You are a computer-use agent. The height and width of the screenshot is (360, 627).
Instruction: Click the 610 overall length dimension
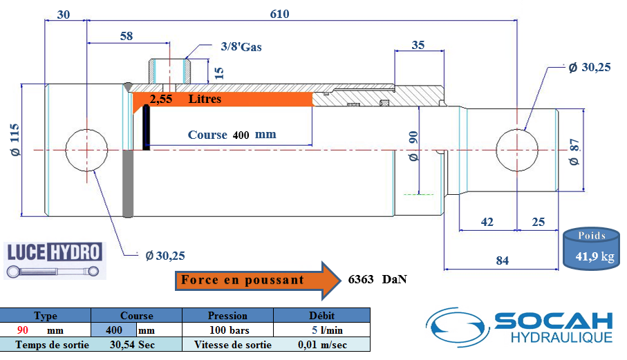pyautogui.click(x=279, y=14)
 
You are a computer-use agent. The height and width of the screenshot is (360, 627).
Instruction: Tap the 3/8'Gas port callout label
pyautogui.click(x=241, y=47)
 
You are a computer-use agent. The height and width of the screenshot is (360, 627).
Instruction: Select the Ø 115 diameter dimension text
pyautogui.click(x=14, y=140)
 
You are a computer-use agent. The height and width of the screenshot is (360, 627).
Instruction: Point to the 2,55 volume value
pyautogui.click(x=161, y=99)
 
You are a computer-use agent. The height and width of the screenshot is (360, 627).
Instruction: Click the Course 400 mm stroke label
pyautogui.click(x=232, y=135)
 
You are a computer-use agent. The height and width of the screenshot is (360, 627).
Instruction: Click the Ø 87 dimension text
pyautogui.click(x=574, y=152)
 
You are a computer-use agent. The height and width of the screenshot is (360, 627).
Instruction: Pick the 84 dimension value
pyautogui.click(x=503, y=260)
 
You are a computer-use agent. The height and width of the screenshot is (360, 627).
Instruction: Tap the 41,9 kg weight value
pyautogui.click(x=595, y=256)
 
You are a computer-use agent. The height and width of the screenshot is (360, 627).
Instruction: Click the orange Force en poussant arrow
pyautogui.click(x=258, y=281)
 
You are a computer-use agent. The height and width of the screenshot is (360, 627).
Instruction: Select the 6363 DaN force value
pyautogui.click(x=377, y=279)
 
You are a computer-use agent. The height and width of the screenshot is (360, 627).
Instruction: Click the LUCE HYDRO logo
pyautogui.click(x=55, y=260)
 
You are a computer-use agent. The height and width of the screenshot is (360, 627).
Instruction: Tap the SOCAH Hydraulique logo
pyautogui.click(x=519, y=327)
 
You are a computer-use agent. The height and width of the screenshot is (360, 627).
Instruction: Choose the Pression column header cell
pyautogui.click(x=227, y=315)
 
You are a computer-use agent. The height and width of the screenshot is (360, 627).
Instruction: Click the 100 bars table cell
pyautogui.click(x=229, y=330)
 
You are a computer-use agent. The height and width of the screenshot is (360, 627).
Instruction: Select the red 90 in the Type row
pyautogui.click(x=23, y=330)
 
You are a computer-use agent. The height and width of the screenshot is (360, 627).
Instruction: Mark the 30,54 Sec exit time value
pyautogui.click(x=132, y=344)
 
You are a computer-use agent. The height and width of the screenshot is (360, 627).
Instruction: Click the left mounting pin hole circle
pyautogui.click(x=86, y=129)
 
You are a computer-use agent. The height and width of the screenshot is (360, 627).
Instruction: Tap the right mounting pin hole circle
pyautogui.click(x=517, y=129)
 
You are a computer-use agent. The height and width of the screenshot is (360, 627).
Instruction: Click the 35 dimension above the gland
pyautogui.click(x=418, y=45)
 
